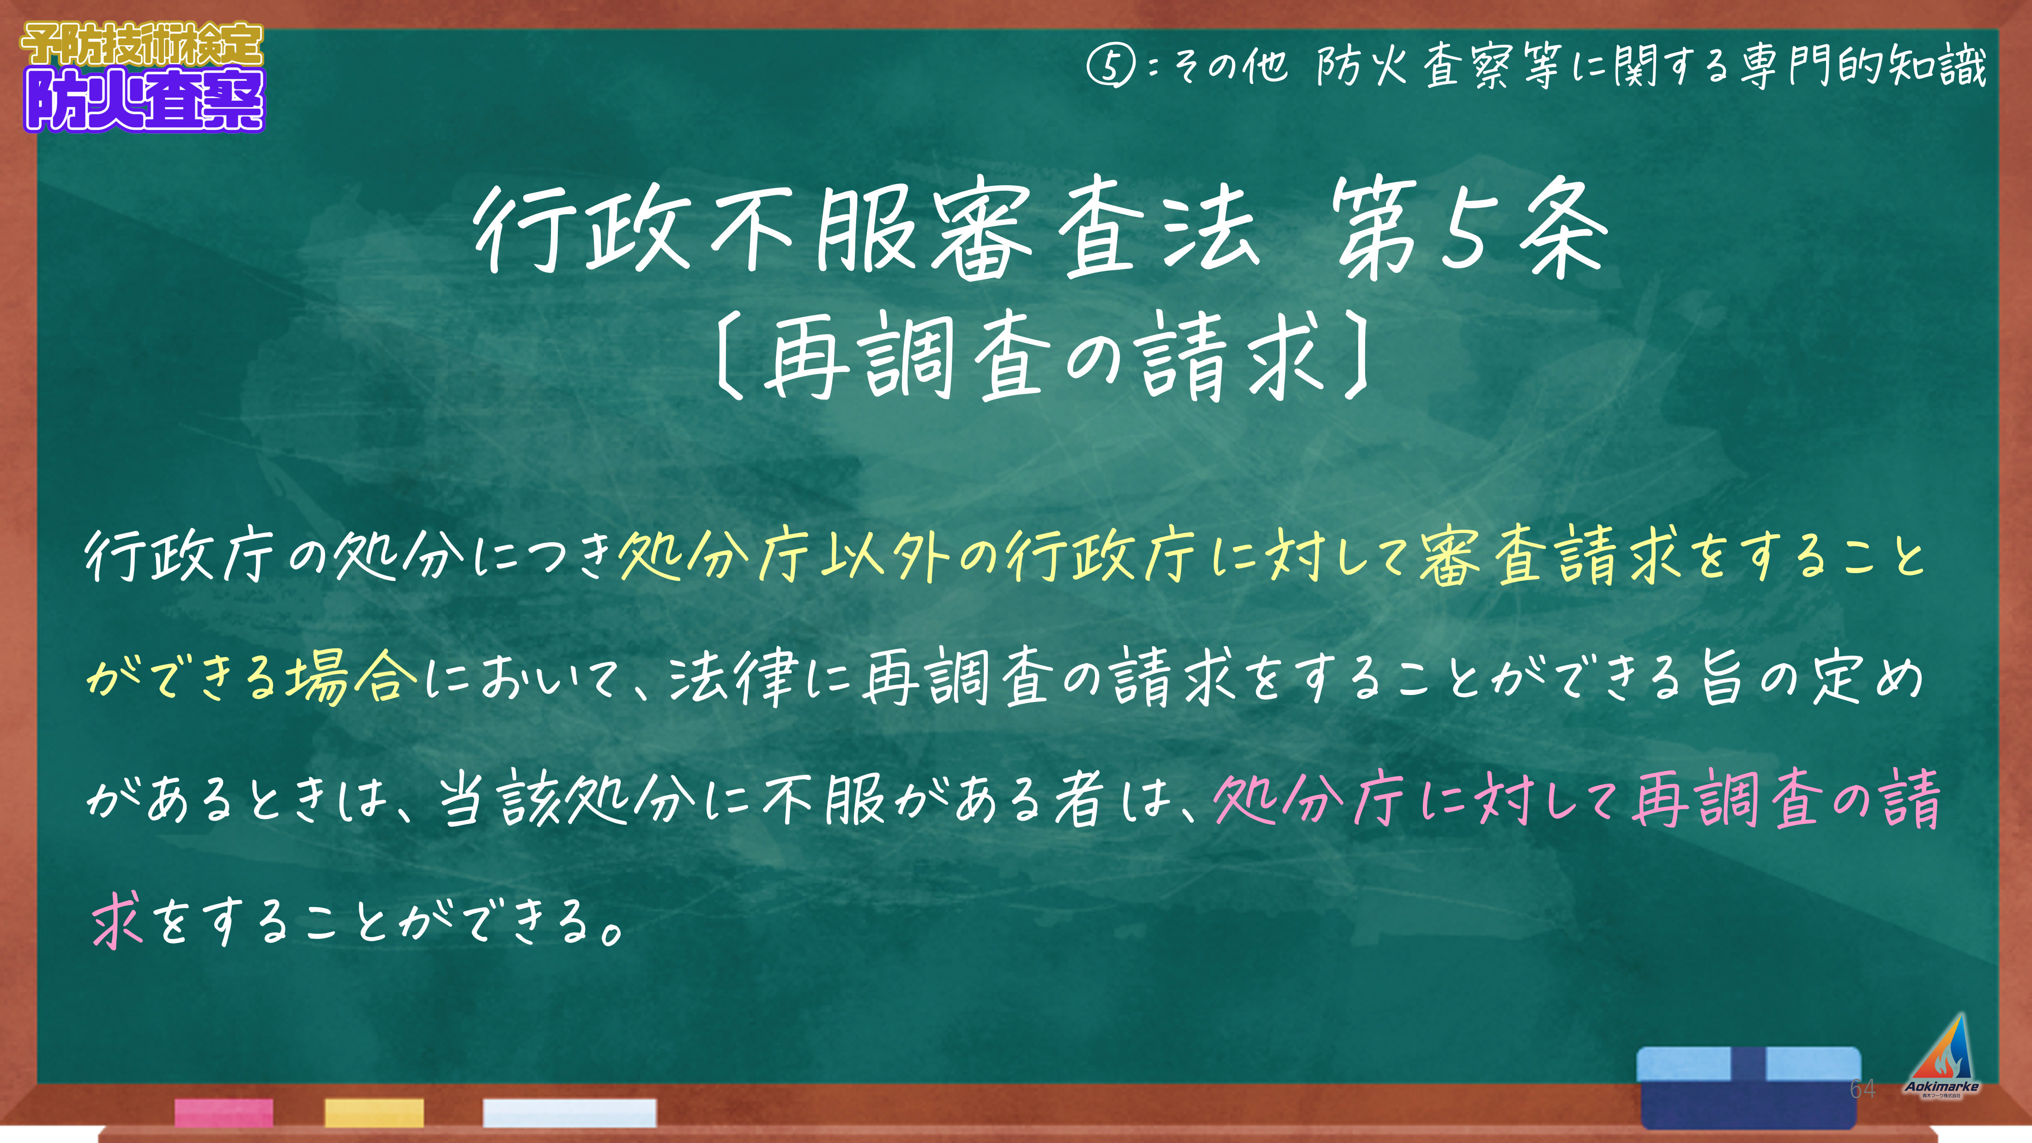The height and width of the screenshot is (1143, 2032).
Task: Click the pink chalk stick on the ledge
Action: (x=224, y=1112)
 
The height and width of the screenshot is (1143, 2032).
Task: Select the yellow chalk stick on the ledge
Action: (x=374, y=1112)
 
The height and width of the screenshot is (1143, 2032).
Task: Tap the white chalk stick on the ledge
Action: (x=569, y=1112)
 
